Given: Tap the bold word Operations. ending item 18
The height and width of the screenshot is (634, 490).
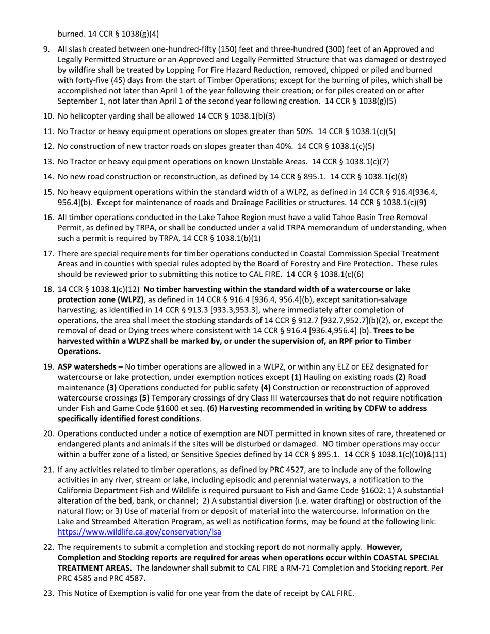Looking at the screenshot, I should [79, 352].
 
